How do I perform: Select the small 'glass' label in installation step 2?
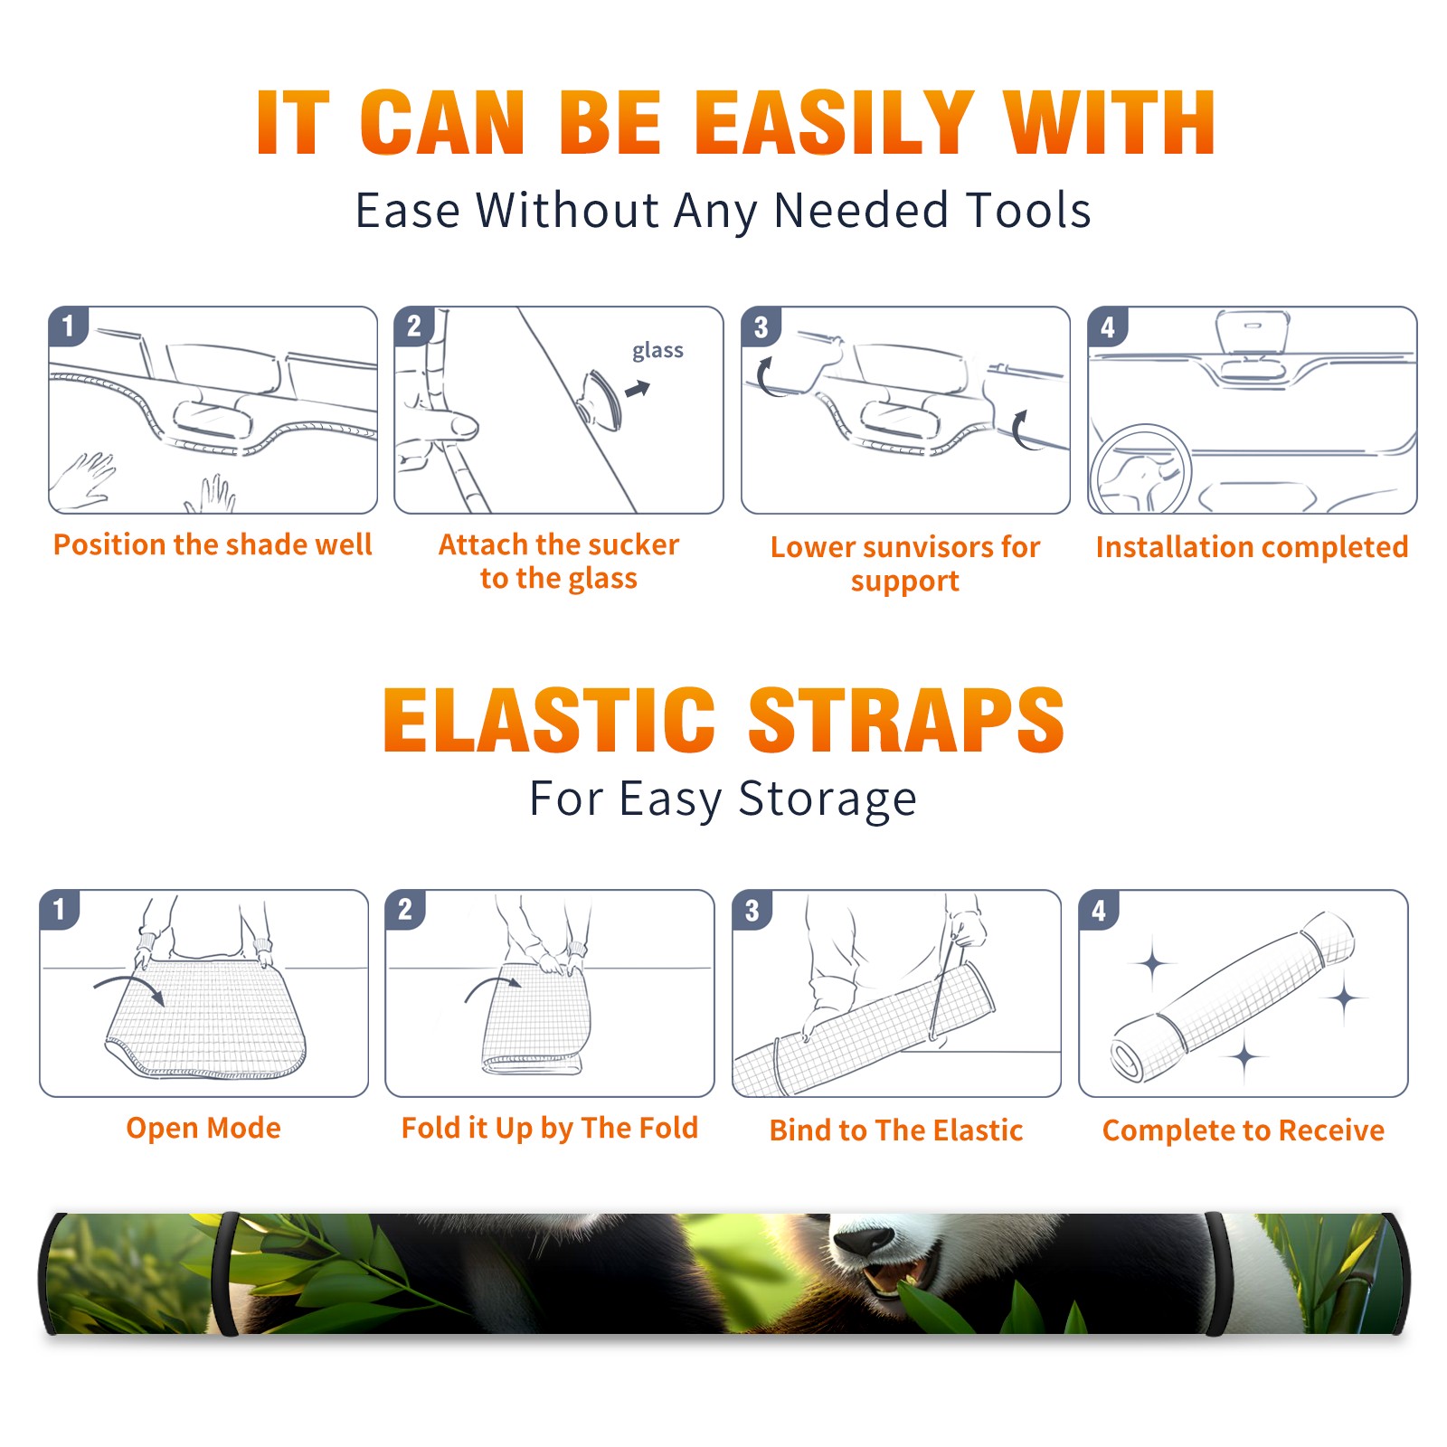(657, 350)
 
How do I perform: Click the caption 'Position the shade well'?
(213, 544)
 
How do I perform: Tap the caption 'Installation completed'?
(1252, 546)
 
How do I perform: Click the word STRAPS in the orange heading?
(906, 720)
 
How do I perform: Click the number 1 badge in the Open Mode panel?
(60, 909)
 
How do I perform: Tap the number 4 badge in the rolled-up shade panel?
(1099, 909)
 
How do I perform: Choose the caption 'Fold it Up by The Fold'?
(550, 1128)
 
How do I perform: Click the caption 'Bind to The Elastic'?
(896, 1130)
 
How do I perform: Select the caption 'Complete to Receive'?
(1244, 1130)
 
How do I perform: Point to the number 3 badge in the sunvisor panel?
(761, 326)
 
